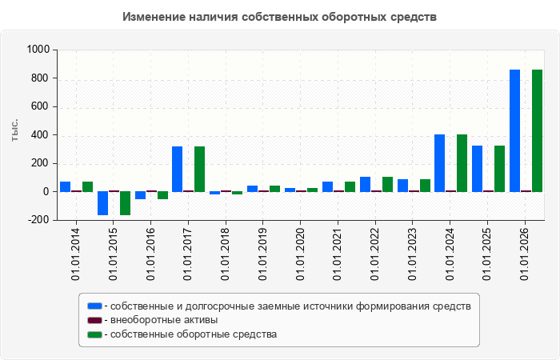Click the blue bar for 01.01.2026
click(514, 130)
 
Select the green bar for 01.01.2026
click(537, 130)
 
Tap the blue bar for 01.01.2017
click(177, 169)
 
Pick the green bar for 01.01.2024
click(462, 163)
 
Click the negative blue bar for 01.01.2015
click(103, 203)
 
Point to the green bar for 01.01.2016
click(163, 195)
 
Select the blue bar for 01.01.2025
click(477, 169)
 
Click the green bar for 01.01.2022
click(387, 184)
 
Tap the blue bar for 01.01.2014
click(66, 186)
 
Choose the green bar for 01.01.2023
click(425, 186)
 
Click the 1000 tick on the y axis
click(38, 50)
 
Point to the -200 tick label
click(38, 220)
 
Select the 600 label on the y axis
click(41, 106)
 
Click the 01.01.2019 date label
click(262, 254)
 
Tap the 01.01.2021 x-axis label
click(338, 254)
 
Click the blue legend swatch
click(94, 306)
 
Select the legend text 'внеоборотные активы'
click(164, 320)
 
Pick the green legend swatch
click(94, 334)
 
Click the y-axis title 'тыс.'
click(14, 130)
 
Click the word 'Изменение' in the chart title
click(154, 17)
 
